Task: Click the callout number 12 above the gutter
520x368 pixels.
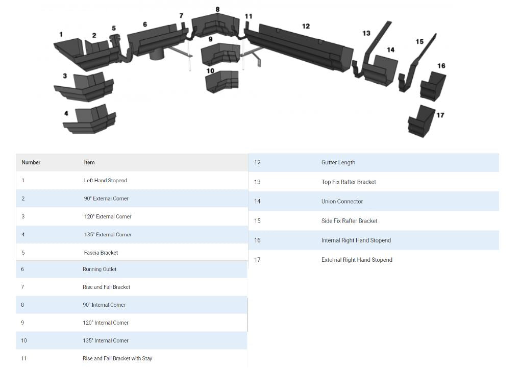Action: pos(306,26)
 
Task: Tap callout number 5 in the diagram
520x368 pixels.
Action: pos(114,29)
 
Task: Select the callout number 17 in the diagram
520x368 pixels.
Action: pos(440,115)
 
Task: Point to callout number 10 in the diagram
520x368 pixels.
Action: pos(210,71)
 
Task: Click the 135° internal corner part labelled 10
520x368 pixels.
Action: pos(221,81)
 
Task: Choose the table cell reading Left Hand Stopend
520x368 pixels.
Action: pos(106,181)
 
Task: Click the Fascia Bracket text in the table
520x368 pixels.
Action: pos(101,253)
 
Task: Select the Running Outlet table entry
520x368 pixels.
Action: pos(100,269)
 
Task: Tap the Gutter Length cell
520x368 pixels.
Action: pos(338,163)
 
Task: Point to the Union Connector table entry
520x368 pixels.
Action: pos(342,202)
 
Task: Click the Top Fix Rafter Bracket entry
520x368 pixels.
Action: pos(349,182)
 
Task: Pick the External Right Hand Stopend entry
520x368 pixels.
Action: pos(357,260)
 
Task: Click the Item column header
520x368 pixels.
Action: pos(89,163)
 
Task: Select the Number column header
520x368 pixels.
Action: pos(31,163)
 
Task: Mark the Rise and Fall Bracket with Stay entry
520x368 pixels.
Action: pos(117,359)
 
